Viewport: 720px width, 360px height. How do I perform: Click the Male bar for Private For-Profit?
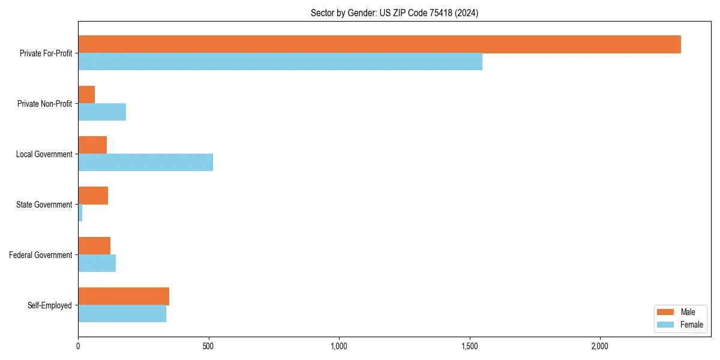click(x=379, y=44)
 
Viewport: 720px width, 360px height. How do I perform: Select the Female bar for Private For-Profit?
click(x=280, y=62)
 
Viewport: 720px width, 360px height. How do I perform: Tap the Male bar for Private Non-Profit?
click(x=86, y=95)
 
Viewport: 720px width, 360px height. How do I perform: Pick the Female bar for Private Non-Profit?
click(x=102, y=112)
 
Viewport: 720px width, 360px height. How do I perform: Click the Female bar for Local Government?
click(x=145, y=163)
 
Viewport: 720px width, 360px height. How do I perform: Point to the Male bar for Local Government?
click(x=92, y=145)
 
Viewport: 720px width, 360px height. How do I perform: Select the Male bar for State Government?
click(x=93, y=196)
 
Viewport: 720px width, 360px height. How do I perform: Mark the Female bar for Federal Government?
click(x=97, y=263)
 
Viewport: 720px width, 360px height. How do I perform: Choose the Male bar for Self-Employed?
click(x=124, y=296)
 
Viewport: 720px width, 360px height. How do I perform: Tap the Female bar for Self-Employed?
click(x=122, y=314)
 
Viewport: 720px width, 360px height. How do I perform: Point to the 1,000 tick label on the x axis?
click(x=339, y=346)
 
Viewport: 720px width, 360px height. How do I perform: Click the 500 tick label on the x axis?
click(x=208, y=346)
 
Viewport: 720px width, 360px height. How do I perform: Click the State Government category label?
click(x=44, y=205)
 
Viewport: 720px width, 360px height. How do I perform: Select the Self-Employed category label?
click(x=49, y=305)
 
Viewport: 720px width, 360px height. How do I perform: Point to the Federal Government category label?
click(x=41, y=255)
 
